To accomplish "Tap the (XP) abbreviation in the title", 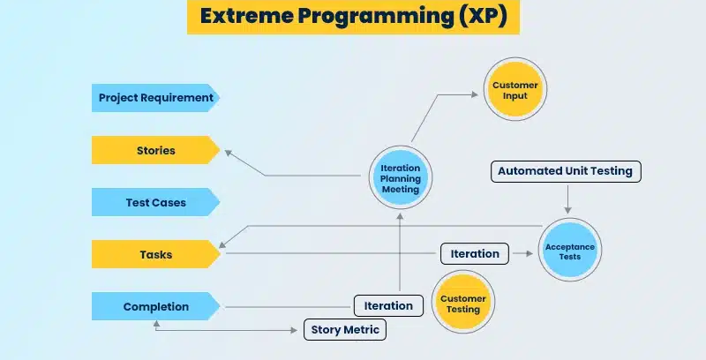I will [x=482, y=17].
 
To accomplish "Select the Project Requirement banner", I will [x=154, y=98].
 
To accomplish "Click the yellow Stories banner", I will [x=154, y=150].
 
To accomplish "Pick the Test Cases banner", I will [x=154, y=202].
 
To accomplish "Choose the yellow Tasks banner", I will [x=154, y=254].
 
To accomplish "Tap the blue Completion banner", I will [x=154, y=306].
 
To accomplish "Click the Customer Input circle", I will [x=515, y=90].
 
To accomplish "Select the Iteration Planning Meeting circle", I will [x=400, y=177].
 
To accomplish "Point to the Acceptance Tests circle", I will [x=569, y=250].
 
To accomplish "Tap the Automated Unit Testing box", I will [x=565, y=171].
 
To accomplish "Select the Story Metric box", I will [x=345, y=330].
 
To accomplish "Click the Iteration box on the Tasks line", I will [x=475, y=254].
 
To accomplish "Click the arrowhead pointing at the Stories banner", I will [x=228, y=153].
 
